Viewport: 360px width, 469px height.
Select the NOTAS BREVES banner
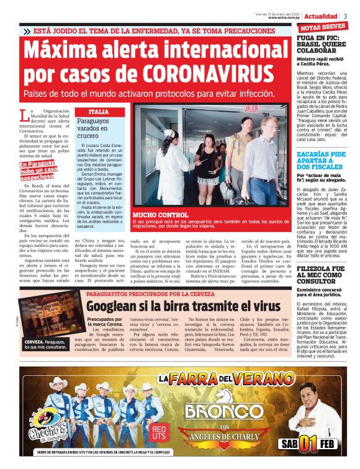[322, 27]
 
